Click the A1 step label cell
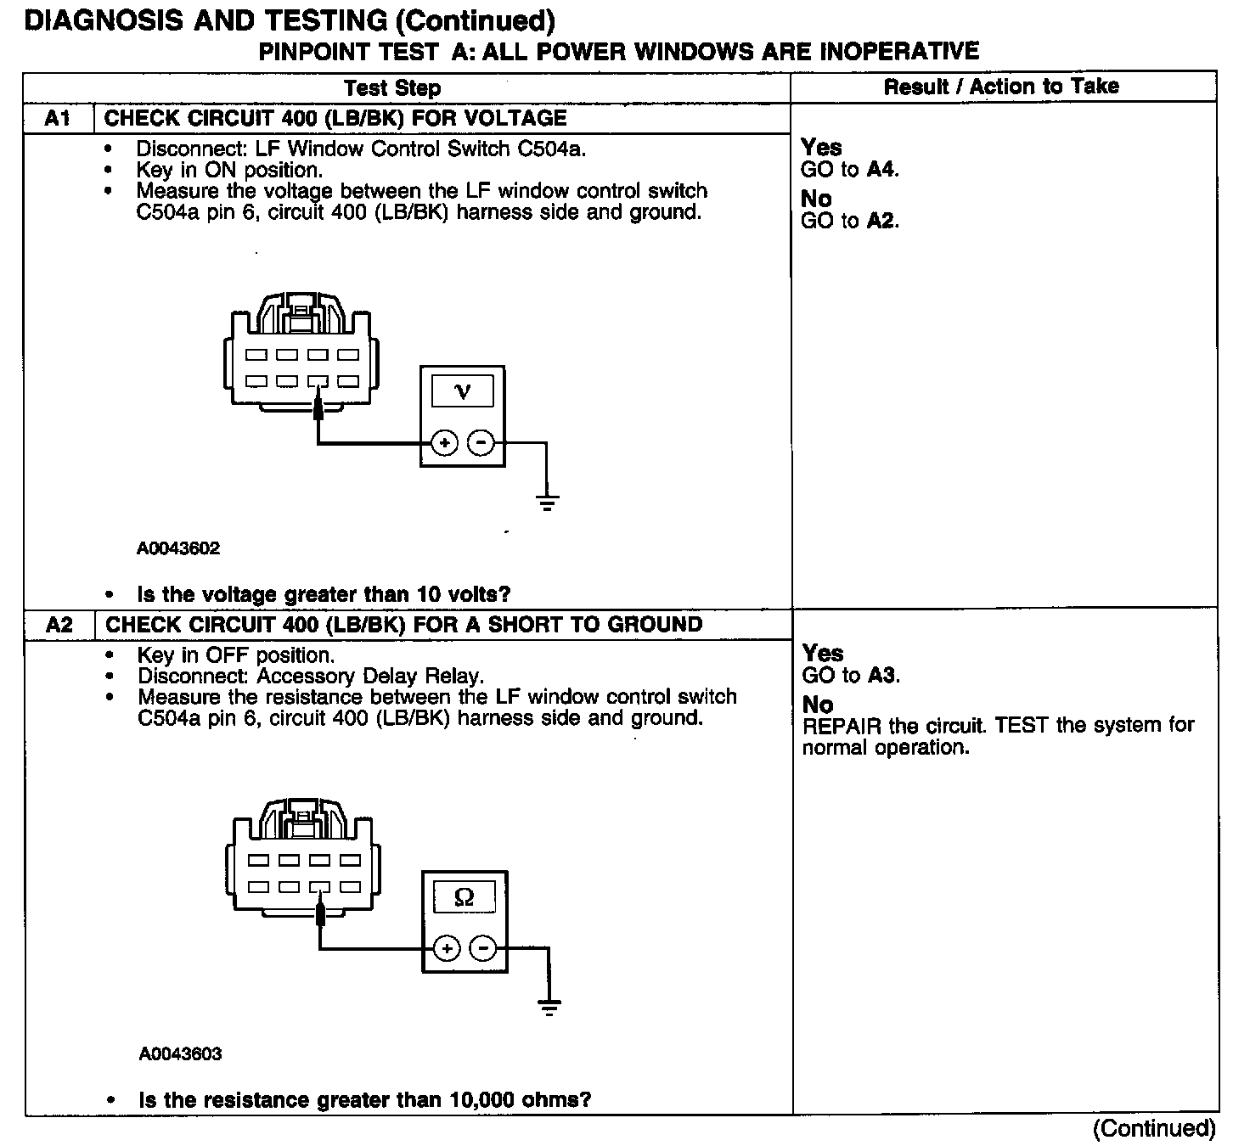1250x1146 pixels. coord(57,119)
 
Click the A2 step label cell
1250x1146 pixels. coord(59,625)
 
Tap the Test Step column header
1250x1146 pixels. coord(392,88)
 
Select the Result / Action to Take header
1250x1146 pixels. coord(1001,87)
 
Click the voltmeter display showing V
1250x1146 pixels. coord(463,391)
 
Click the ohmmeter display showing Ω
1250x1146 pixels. coord(465,896)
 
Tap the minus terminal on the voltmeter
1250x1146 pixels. coord(481,442)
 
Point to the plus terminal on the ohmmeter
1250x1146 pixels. coord(447,948)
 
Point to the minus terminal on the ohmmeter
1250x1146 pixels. coord(483,948)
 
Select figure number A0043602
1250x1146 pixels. coord(178,548)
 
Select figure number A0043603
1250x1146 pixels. coord(180,1054)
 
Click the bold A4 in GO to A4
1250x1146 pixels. coord(881,170)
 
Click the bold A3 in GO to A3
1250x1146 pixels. coord(882,676)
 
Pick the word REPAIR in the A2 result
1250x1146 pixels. coord(842,726)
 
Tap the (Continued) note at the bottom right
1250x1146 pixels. coord(1154,1128)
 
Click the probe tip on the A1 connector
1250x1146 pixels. coord(318,410)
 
